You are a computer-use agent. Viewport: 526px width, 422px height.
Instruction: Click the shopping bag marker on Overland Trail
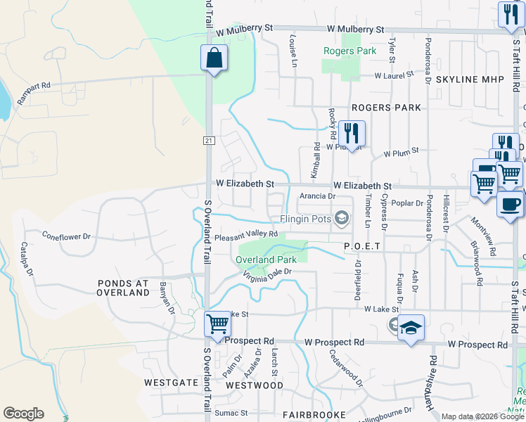point(214,58)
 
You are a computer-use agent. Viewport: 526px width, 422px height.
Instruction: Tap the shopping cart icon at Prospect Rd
point(218,324)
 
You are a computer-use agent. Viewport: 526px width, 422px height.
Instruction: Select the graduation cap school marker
point(411,328)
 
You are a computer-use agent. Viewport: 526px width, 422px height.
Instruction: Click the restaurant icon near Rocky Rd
point(350,132)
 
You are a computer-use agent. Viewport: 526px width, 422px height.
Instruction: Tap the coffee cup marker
point(510,204)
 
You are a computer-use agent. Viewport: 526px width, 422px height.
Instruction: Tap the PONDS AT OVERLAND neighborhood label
point(124,287)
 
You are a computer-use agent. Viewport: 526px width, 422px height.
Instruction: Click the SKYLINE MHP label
point(470,79)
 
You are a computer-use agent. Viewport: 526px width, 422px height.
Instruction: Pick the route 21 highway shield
point(209,141)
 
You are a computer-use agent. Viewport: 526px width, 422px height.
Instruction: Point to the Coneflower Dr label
point(67,236)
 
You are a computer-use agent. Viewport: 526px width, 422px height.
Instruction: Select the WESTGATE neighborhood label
point(171,383)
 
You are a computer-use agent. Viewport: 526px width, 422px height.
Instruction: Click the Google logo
point(23,414)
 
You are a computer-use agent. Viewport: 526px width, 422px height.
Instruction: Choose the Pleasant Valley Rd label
point(246,235)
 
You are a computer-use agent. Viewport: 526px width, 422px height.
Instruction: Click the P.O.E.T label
point(362,246)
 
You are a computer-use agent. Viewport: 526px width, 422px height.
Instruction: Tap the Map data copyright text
point(482,416)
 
